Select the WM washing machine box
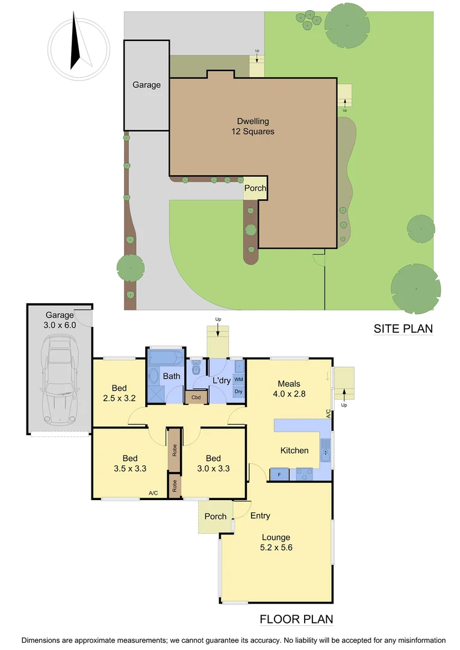[238, 380]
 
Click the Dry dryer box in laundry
[238, 391]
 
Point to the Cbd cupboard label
[196, 397]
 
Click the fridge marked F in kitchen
[279, 474]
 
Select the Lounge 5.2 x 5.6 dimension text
[276, 548]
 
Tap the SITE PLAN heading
[403, 329]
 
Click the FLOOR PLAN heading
[296, 619]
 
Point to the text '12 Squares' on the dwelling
[253, 131]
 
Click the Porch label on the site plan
[255, 188]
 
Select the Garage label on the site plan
[146, 85]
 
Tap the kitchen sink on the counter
[325, 451]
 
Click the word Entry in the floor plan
[260, 516]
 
